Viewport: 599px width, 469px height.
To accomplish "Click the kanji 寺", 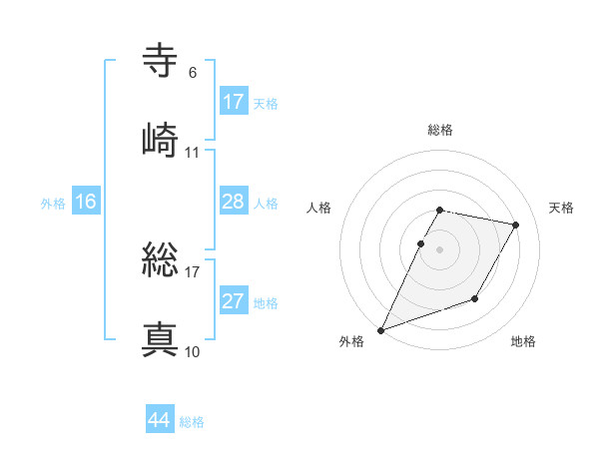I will tap(161, 61).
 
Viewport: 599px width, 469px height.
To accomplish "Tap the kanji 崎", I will tap(161, 139).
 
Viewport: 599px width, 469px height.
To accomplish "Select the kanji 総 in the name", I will tap(161, 262).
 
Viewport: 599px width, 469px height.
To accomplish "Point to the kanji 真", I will tap(161, 339).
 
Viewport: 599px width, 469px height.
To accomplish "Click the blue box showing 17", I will tap(234, 102).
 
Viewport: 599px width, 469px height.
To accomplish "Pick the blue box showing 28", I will tap(234, 203).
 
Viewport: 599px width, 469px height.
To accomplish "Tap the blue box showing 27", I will tap(234, 302).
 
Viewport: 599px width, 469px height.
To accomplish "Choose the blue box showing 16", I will tap(86, 203).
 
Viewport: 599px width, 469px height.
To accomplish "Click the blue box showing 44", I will tap(160, 421).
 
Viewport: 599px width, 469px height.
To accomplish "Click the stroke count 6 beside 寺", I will tap(193, 73).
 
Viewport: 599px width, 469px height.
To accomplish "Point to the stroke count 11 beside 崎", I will tap(193, 153).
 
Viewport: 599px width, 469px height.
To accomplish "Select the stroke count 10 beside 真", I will tap(193, 351).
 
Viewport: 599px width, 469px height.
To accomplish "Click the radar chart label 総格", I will tap(440, 130).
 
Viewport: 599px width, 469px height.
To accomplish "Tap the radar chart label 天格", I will tap(561, 208).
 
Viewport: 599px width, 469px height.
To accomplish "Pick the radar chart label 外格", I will tap(351, 341).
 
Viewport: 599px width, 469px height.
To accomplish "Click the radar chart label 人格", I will tap(319, 208).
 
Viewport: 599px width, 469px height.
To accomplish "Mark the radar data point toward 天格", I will tap(516, 226).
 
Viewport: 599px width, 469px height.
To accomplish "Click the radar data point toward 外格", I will tap(381, 329).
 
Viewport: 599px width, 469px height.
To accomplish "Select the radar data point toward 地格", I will tap(475, 298).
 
